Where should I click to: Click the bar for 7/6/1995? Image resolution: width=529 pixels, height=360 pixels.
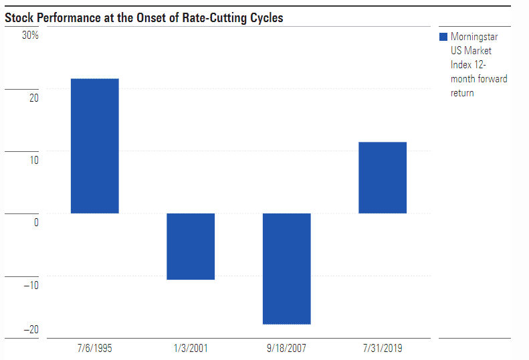[94, 146]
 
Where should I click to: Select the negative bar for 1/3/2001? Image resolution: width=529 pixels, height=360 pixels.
[191, 246]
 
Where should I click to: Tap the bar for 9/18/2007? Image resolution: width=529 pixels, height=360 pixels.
[286, 268]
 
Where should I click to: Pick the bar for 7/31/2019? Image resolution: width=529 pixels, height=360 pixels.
[383, 177]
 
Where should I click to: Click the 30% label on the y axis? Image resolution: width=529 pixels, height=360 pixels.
[30, 35]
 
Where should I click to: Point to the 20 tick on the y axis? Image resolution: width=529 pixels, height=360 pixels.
[33, 98]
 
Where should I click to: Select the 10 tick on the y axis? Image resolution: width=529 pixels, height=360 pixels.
[33, 160]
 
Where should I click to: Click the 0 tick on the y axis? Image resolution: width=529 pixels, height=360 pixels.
[35, 222]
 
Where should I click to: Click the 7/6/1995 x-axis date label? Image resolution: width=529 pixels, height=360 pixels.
[94, 348]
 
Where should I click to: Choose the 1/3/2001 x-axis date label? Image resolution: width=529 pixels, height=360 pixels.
[191, 348]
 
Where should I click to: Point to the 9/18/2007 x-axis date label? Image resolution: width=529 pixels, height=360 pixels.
[286, 348]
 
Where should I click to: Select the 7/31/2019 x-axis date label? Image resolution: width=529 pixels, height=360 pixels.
[383, 348]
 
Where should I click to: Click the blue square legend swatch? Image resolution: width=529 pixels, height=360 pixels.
[443, 37]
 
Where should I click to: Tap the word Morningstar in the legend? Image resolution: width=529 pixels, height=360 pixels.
[474, 37]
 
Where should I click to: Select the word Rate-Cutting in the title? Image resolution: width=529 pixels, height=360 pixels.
[212, 18]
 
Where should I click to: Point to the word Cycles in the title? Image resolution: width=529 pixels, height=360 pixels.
[266, 18]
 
